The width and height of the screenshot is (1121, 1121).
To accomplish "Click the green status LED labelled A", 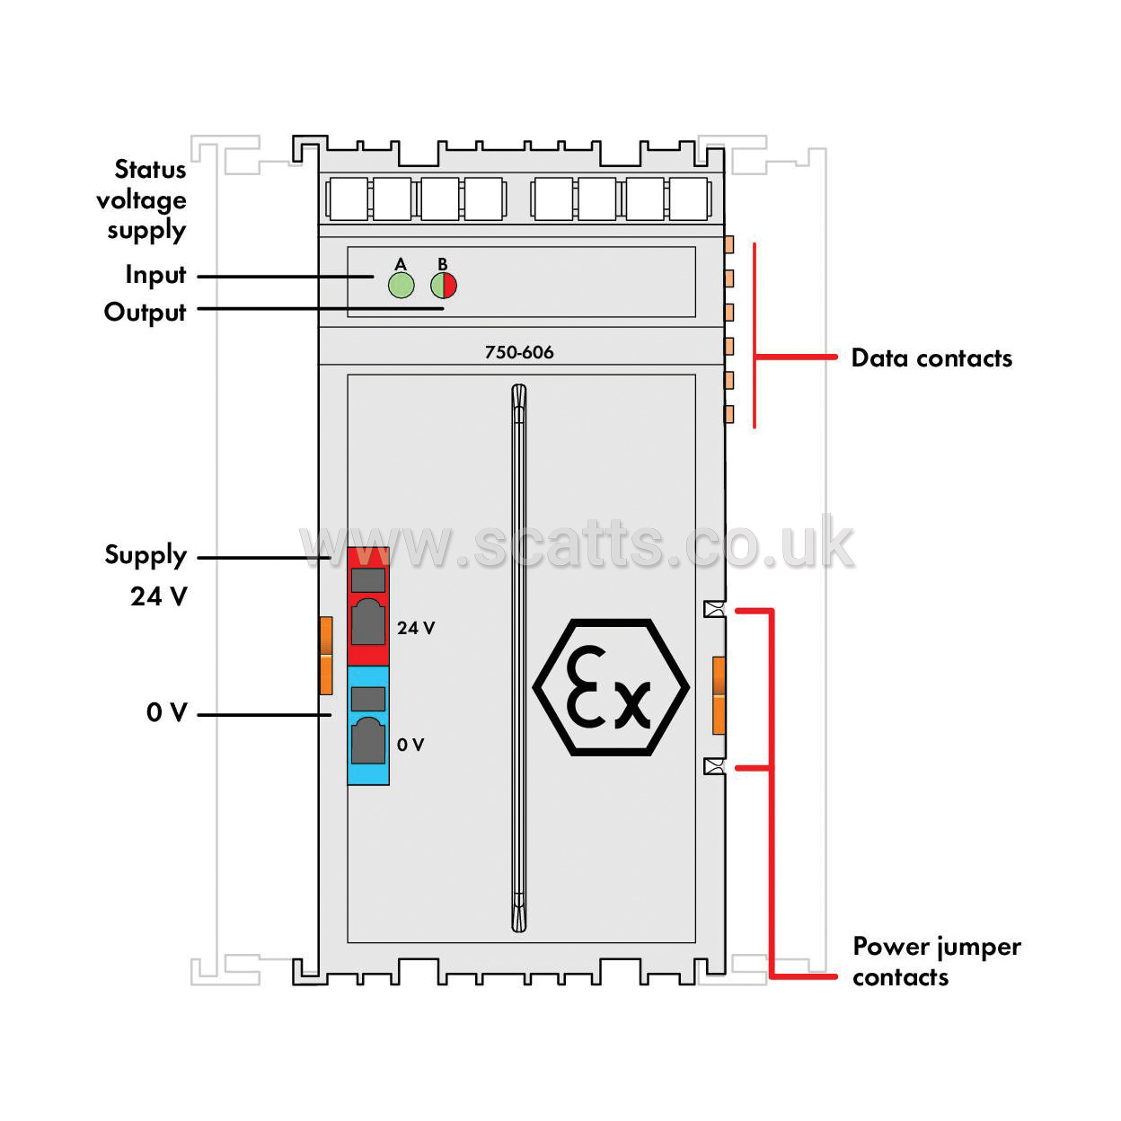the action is coord(401,285).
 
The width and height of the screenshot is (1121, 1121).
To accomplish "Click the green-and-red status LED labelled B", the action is coord(444,285).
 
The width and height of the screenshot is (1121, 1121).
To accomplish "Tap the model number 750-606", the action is coord(519,352).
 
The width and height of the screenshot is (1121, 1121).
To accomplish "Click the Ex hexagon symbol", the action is coord(611,687).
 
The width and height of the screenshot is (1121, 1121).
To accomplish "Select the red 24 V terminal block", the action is coord(367,605).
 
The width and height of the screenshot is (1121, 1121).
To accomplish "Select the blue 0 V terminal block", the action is coord(367,725).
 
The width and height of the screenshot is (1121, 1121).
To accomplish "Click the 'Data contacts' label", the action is coord(931,357).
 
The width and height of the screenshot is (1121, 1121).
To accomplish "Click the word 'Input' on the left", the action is coord(156,275).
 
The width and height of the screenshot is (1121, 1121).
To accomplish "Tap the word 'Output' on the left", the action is coord(145,312).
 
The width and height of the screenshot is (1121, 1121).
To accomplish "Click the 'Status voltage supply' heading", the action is coord(141,199).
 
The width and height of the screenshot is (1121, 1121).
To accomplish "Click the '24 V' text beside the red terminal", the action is coord(416,628).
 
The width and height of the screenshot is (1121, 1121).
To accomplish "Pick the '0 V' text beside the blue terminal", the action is coord(410,744).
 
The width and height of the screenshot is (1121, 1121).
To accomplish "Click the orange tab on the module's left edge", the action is coord(326,655).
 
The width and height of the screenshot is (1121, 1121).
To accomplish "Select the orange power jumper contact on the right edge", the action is coord(719,695).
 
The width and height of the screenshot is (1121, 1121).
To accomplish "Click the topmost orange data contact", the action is coord(728,244).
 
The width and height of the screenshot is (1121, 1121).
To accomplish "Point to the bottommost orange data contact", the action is coord(728,414).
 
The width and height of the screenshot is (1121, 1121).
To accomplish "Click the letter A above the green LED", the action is coord(401,264).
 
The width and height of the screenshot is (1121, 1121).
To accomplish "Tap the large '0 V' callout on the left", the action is coord(166,712).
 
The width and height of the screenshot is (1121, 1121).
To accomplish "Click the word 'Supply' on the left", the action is coord(146,555).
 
